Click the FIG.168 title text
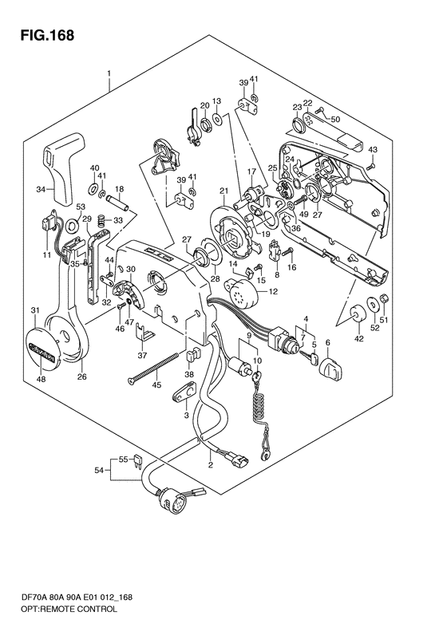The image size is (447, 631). point(48,35)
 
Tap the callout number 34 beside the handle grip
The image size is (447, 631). point(41,188)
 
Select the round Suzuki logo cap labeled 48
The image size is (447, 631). point(41,349)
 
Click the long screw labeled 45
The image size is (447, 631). point(153,368)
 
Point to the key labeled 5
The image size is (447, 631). point(310,357)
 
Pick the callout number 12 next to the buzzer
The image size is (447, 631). point(274,292)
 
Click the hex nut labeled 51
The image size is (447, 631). point(383,298)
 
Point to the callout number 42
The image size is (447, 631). point(359,338)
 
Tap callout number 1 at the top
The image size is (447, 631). point(109,74)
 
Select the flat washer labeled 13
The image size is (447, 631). point(218,119)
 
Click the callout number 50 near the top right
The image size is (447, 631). point(335,119)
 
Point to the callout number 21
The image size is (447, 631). point(224,191)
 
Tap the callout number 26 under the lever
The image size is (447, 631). point(81,377)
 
